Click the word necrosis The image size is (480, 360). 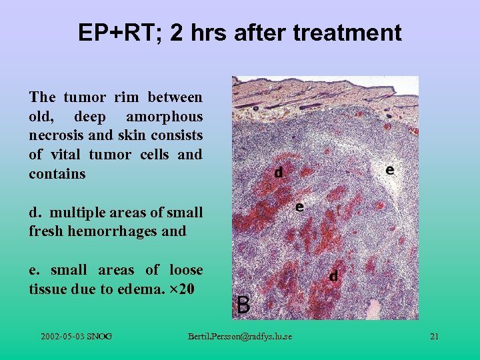[54, 136]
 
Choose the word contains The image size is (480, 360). [57, 174]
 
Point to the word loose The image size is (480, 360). [186, 270]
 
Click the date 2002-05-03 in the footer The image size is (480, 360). [64, 336]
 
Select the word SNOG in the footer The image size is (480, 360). [100, 336]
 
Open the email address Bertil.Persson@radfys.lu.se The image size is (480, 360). [240, 336]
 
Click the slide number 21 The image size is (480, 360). [434, 336]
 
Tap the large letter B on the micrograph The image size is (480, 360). [244, 305]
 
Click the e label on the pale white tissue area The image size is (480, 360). [389, 170]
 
